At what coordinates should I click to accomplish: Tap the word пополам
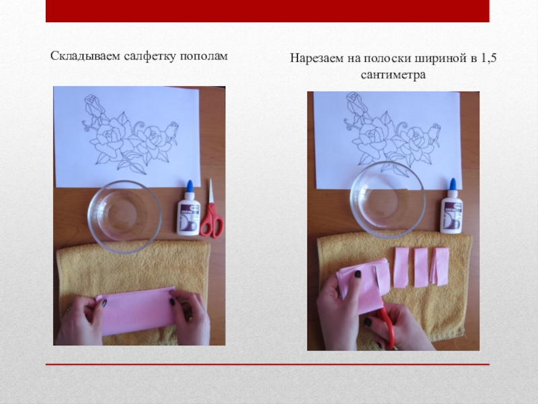tap(204, 57)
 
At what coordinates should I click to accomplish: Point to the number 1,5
tap(488, 58)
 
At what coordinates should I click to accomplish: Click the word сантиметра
tap(393, 75)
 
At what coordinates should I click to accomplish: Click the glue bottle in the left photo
tap(189, 209)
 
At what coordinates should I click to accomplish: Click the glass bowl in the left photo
tap(124, 217)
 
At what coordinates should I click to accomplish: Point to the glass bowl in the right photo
tap(388, 199)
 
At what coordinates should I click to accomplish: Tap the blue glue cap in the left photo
tap(189, 187)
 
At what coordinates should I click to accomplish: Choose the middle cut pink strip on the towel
tap(421, 267)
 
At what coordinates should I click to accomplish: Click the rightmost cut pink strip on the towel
tap(440, 267)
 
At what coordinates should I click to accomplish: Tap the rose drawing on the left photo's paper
tap(130, 134)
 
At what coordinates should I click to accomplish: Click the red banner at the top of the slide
tap(267, 11)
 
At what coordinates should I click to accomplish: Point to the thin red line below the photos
tap(267, 364)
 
